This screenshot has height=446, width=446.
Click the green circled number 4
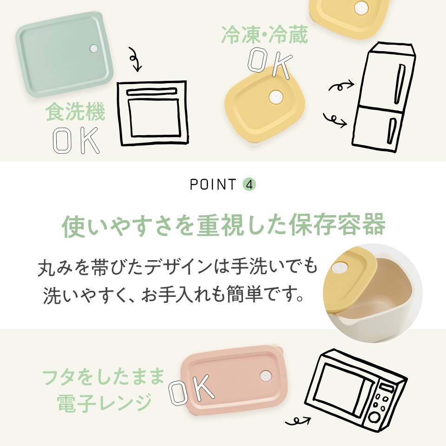(x=249, y=184)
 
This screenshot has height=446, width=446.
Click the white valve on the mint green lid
(x=93, y=48)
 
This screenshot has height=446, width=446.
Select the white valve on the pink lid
(x=265, y=377)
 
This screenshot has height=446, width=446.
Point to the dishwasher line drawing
(x=153, y=113)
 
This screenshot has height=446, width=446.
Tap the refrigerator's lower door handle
(x=391, y=131)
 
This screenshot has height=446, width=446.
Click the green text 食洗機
(x=75, y=112)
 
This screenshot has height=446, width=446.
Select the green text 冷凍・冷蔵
(x=264, y=35)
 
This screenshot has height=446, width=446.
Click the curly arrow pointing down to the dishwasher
(x=135, y=59)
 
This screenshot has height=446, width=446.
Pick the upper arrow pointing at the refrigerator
(x=341, y=85)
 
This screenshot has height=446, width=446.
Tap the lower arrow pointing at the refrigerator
(x=335, y=119)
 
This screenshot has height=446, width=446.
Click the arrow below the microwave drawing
(x=297, y=421)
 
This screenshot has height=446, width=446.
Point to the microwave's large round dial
(x=374, y=417)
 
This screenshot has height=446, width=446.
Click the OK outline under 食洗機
(x=76, y=140)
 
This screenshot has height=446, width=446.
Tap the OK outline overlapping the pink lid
(x=191, y=389)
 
